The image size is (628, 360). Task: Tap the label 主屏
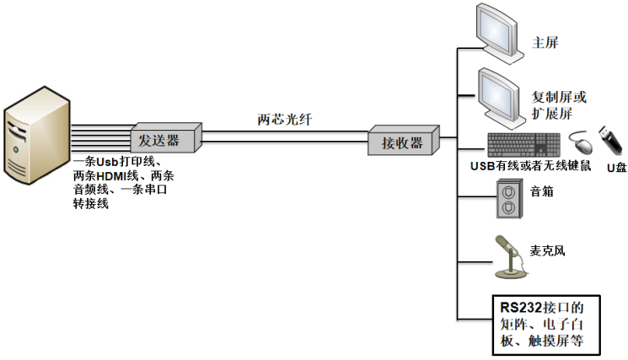pos(545,42)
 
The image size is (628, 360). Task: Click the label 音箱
pos(542,191)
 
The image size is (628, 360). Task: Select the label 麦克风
pos(547,250)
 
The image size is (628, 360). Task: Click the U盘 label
pos(616,168)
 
